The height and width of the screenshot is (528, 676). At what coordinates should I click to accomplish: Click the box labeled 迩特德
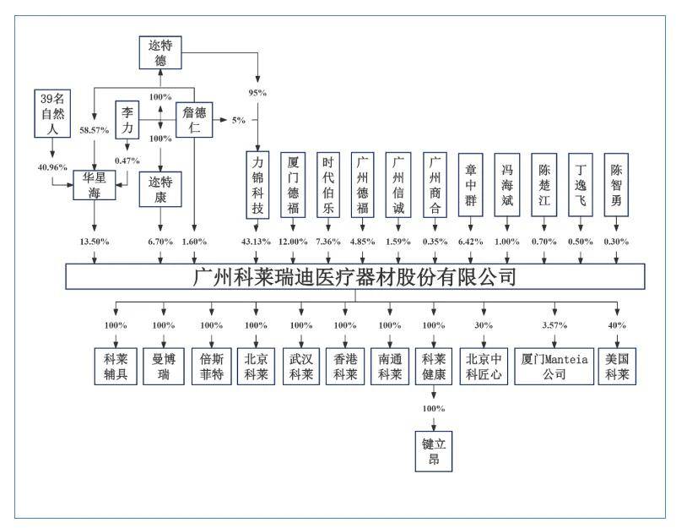coord(160,52)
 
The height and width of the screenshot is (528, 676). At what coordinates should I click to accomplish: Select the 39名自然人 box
coord(52,113)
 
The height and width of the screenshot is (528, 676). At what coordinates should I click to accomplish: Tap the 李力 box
coord(127,117)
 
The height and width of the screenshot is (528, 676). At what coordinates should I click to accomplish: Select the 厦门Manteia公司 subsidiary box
coord(554,366)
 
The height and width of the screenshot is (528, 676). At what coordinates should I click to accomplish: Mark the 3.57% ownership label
coord(554,325)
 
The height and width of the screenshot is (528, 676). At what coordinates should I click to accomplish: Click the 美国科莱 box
coord(618,366)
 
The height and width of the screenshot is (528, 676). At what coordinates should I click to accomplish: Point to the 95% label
coord(257,91)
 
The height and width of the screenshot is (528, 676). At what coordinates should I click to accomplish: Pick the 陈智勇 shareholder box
coord(618,185)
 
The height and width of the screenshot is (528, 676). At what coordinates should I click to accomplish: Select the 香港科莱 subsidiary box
coord(345,366)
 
